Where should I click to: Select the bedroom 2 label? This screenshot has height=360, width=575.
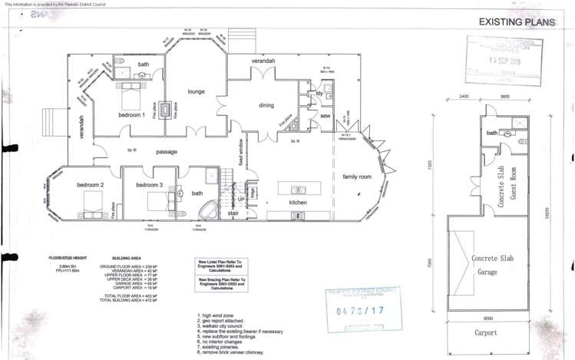point(89,186)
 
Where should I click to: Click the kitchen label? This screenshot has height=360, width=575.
point(298,202)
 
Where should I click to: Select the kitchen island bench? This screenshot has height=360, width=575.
point(299,188)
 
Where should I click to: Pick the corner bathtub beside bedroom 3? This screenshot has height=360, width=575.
point(206,210)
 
